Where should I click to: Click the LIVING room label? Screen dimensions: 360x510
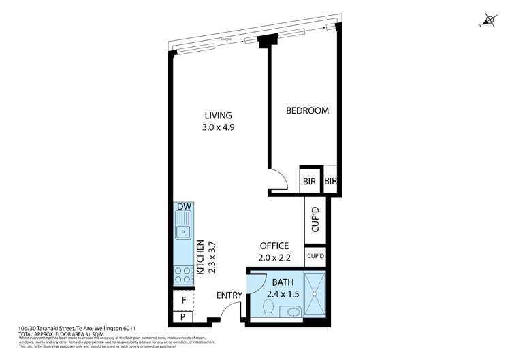[217, 115]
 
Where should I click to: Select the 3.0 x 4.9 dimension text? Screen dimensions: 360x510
[219, 127]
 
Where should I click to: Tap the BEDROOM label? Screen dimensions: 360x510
[307, 111]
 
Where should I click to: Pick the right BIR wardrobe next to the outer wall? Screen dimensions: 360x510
[331, 182]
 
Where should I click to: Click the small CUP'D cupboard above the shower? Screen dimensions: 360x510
[315, 257]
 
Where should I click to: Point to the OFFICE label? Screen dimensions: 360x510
[274, 246]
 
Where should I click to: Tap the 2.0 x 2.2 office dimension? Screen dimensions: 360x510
[274, 258]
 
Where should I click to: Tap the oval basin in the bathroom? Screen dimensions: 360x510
[293, 312]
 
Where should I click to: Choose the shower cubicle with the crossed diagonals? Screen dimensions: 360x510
[315, 295]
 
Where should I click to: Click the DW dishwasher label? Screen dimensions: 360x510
[183, 207]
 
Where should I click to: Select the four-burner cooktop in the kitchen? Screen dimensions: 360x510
[183, 275]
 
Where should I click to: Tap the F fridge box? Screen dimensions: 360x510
[183, 300]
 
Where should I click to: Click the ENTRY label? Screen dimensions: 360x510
[229, 295]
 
